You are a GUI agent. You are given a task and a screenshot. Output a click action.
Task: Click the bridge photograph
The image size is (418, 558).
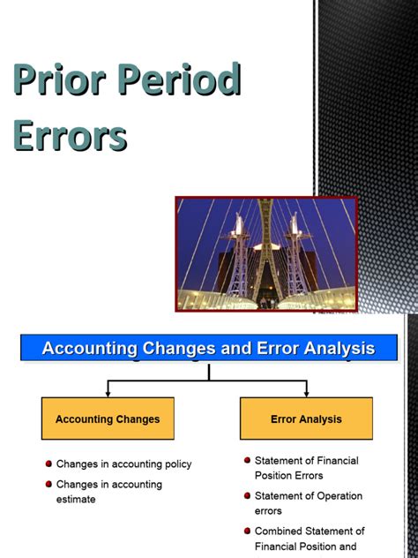tap(266, 253)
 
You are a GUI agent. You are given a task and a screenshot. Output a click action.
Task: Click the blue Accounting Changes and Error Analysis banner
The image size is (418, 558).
tap(208, 348)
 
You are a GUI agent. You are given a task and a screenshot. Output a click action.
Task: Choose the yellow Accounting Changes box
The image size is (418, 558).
tap(108, 418)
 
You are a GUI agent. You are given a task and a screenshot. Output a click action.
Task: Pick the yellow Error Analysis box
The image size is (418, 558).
tap(306, 418)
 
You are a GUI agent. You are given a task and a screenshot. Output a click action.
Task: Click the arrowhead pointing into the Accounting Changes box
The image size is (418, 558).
tap(108, 392)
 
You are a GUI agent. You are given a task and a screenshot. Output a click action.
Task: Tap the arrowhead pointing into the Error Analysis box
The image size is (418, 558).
tap(306, 392)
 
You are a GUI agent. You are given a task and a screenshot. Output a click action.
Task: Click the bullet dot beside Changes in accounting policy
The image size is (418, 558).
tap(48, 464)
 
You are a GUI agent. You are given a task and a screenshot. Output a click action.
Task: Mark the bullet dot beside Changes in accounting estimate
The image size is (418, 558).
tap(48, 485)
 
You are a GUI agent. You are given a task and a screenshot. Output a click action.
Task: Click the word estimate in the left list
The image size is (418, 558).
tap(76, 500)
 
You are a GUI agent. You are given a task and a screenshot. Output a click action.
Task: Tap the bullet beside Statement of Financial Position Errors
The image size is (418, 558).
tap(247, 461)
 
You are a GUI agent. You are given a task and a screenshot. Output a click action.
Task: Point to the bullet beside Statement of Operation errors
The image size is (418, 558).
tap(247, 496)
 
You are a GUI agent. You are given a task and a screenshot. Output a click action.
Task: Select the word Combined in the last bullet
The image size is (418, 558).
tap(280, 532)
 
